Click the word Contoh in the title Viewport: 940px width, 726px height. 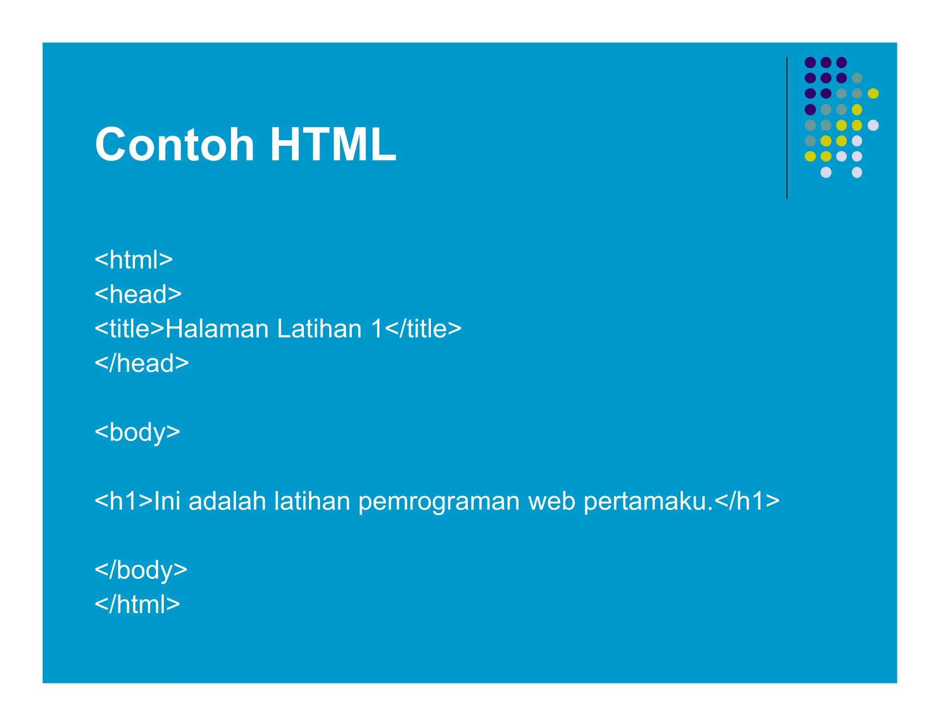pyautogui.click(x=174, y=145)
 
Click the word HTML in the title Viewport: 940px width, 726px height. pyautogui.click(x=333, y=145)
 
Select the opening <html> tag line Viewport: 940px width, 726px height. pyautogui.click(x=134, y=260)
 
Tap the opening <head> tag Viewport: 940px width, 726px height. pyautogui.click(x=138, y=294)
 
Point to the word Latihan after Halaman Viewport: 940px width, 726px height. pyautogui.click(x=319, y=329)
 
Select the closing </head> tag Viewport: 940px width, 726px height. pyautogui.click(x=142, y=363)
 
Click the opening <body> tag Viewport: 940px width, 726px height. pyautogui.click(x=137, y=432)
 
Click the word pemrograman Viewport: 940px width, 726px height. pyautogui.click(x=439, y=502)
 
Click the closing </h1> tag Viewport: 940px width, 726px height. pyautogui.click(x=747, y=501)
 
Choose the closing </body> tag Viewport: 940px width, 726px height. pyautogui.click(x=141, y=570)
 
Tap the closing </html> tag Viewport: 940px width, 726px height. pyautogui.click(x=137, y=604)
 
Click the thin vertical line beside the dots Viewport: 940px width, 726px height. pyautogui.click(x=787, y=128)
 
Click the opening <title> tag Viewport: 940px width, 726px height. pyautogui.click(x=129, y=329)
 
